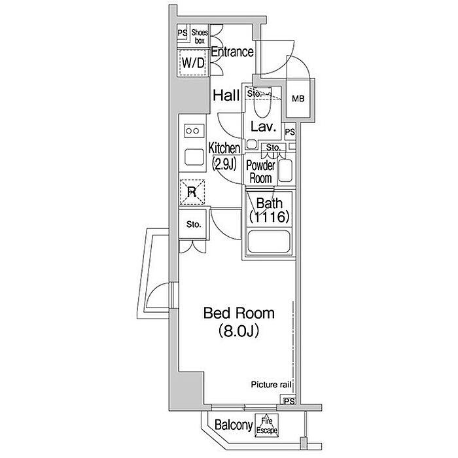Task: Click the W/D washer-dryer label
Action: tap(193, 63)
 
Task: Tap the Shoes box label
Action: tap(200, 37)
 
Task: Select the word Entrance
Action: tap(232, 52)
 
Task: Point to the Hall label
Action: tap(226, 96)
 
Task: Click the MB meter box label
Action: tap(298, 99)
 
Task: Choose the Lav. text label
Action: tap(263, 127)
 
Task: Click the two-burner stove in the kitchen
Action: tap(194, 131)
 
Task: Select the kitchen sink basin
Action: tap(194, 157)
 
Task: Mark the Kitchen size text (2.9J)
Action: tap(224, 164)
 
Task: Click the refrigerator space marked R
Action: tap(192, 192)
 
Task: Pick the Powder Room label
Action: tap(260, 171)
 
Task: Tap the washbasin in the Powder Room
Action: tap(285, 171)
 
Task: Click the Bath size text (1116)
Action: tap(269, 217)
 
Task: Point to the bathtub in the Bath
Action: tap(268, 241)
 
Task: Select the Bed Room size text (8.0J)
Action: tap(239, 330)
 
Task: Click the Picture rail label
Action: tap(271, 385)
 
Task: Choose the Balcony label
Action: tap(234, 425)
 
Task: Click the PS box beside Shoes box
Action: tap(183, 33)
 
